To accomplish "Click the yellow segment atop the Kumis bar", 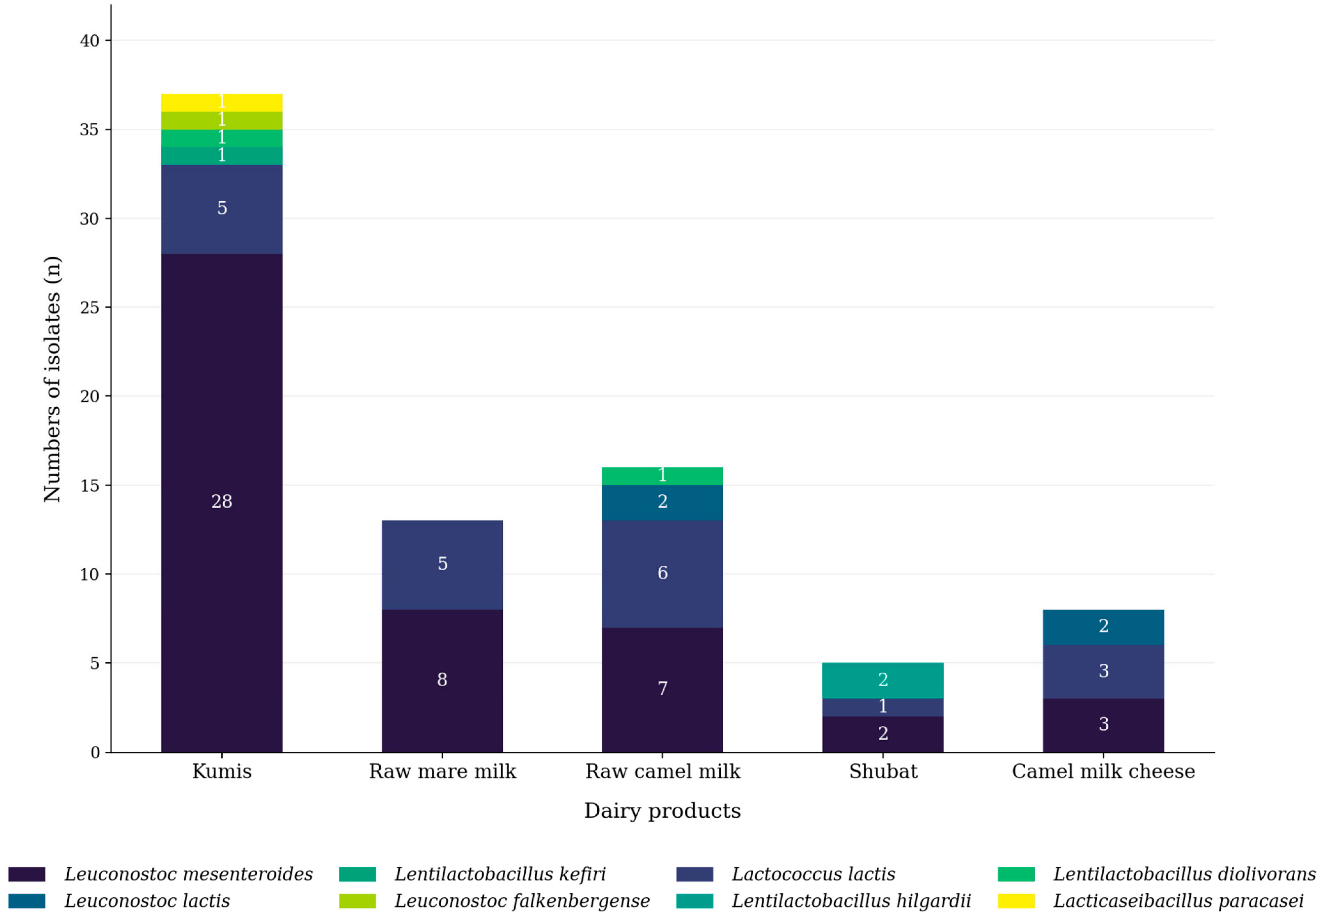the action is point(222,103).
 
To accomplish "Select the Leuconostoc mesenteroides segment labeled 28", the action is point(222,503).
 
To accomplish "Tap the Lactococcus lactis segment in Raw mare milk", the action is point(442,565).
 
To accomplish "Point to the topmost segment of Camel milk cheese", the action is point(1103,627).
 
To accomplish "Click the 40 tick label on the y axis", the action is point(89,41).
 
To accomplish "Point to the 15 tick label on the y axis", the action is point(89,486).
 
